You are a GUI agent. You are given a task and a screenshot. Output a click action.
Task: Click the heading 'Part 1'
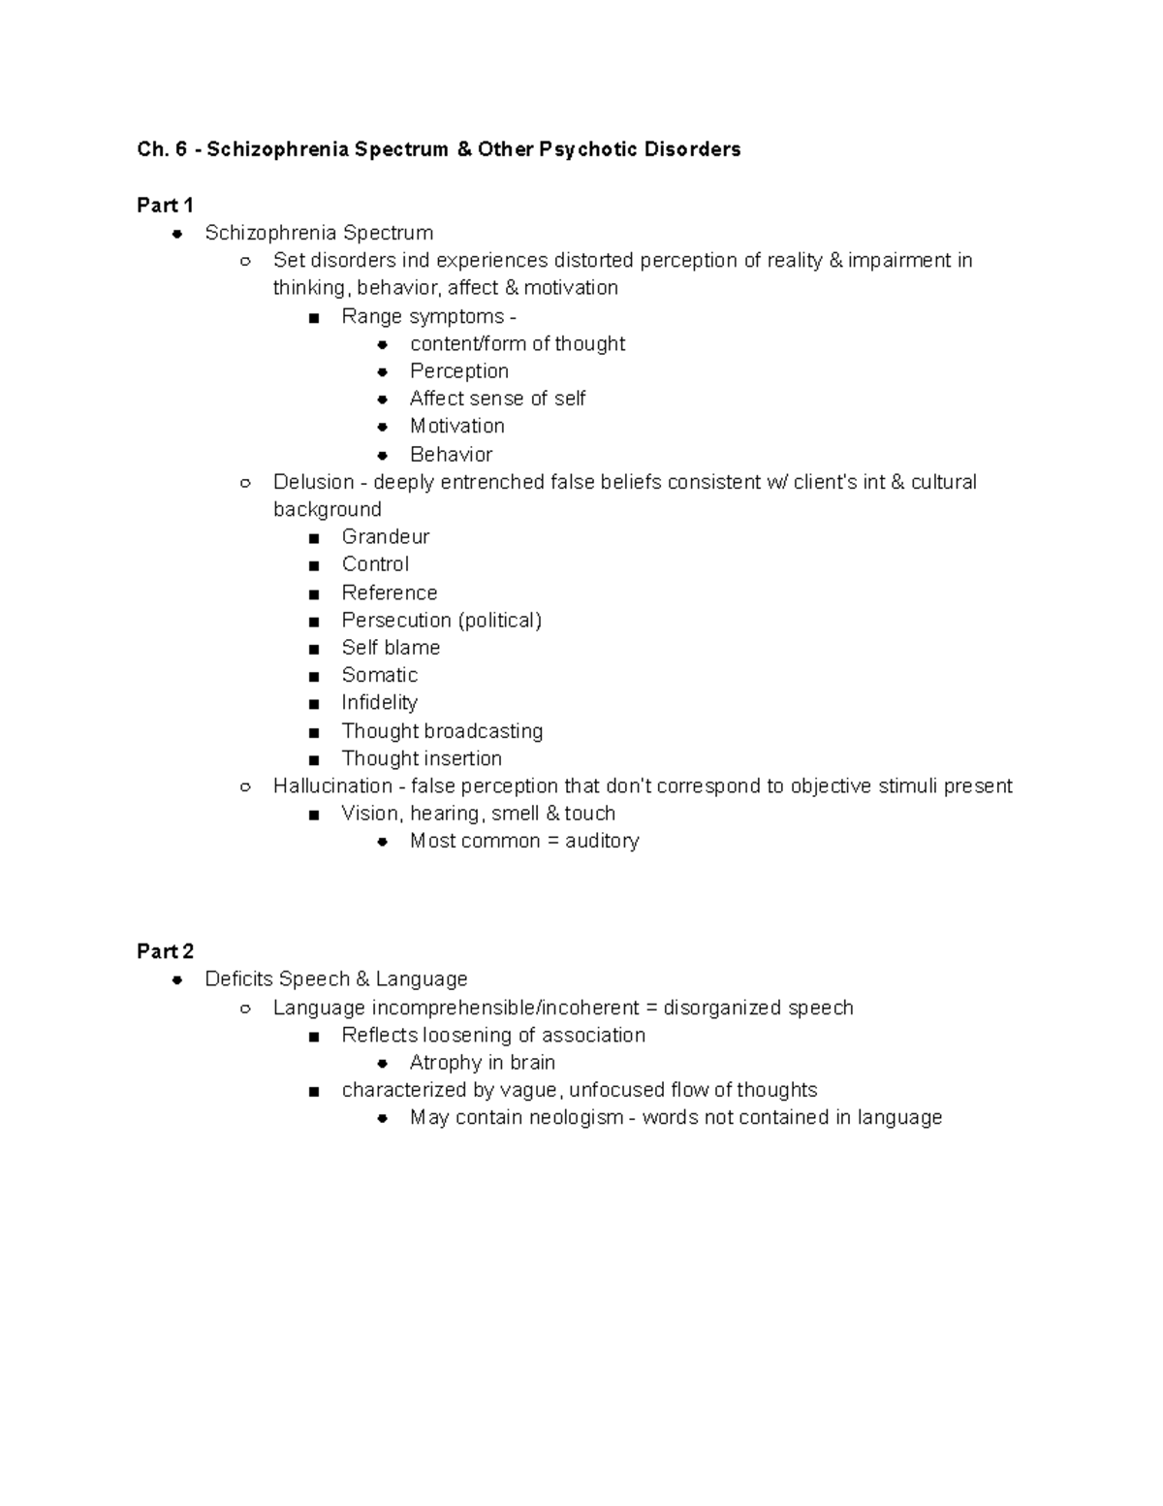(165, 206)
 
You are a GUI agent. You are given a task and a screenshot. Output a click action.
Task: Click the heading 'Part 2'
(165, 951)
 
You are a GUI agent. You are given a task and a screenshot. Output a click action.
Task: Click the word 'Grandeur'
(385, 537)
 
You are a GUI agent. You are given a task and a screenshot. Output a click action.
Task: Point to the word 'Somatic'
(379, 675)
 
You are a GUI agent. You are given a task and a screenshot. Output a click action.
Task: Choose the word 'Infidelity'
(379, 703)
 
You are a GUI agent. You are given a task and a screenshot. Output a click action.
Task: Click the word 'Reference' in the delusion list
(389, 593)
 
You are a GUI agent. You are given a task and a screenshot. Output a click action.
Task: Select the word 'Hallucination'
(332, 786)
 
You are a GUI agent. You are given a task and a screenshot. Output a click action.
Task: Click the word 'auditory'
(602, 841)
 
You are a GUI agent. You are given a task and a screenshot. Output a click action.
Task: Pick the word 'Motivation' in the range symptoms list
(456, 427)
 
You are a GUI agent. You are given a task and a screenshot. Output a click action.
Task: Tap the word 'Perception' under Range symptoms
(458, 371)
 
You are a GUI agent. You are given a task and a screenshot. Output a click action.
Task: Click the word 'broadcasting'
(484, 731)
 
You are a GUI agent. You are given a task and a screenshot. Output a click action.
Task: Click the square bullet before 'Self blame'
(313, 649)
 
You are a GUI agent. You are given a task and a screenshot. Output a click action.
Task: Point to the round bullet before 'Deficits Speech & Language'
(177, 980)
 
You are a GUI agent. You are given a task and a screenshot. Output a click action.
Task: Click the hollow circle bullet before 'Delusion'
(245, 483)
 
